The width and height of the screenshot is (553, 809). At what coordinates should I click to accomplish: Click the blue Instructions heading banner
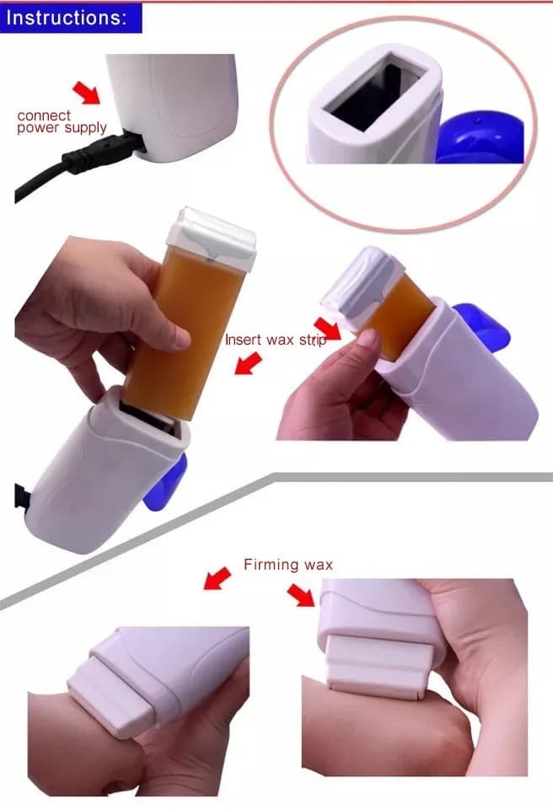coord(71,18)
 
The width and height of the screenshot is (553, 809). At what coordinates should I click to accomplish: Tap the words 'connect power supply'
coord(62,122)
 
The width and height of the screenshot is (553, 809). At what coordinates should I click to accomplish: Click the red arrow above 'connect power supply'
coord(87,92)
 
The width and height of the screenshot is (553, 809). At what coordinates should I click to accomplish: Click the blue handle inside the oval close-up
coord(480,137)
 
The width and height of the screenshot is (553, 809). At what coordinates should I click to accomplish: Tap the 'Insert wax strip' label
coord(276,340)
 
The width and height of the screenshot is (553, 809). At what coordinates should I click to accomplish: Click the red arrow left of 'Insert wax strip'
coord(249,362)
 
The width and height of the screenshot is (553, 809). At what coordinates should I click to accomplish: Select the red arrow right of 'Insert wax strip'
coord(328,329)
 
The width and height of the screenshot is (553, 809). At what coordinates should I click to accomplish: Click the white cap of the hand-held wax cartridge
coord(212,238)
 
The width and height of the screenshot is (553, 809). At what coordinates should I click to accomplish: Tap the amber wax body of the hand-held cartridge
coord(185,330)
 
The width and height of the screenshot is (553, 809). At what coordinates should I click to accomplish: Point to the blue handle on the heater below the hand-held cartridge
coord(165,482)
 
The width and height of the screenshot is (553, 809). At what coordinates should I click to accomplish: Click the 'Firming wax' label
coord(288,565)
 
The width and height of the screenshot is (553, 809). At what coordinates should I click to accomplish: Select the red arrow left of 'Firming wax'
coord(217,578)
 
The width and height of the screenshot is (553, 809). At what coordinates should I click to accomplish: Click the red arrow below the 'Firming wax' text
coord(301,595)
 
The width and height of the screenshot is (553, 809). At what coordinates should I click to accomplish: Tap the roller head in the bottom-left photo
coord(111,697)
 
